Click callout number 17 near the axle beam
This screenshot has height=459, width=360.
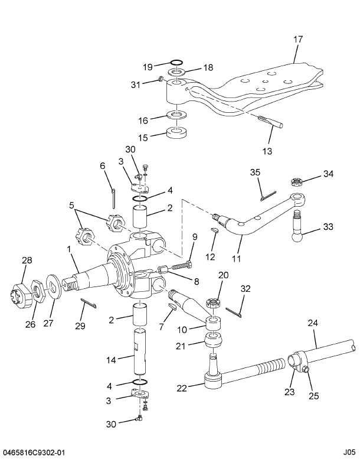(x=298, y=40)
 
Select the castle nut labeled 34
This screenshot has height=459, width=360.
(x=297, y=180)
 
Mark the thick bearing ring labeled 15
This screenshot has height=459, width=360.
(x=176, y=134)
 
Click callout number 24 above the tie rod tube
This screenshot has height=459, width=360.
(x=312, y=323)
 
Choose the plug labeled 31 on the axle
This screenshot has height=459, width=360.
(x=160, y=79)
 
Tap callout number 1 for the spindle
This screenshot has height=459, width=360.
(x=70, y=250)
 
